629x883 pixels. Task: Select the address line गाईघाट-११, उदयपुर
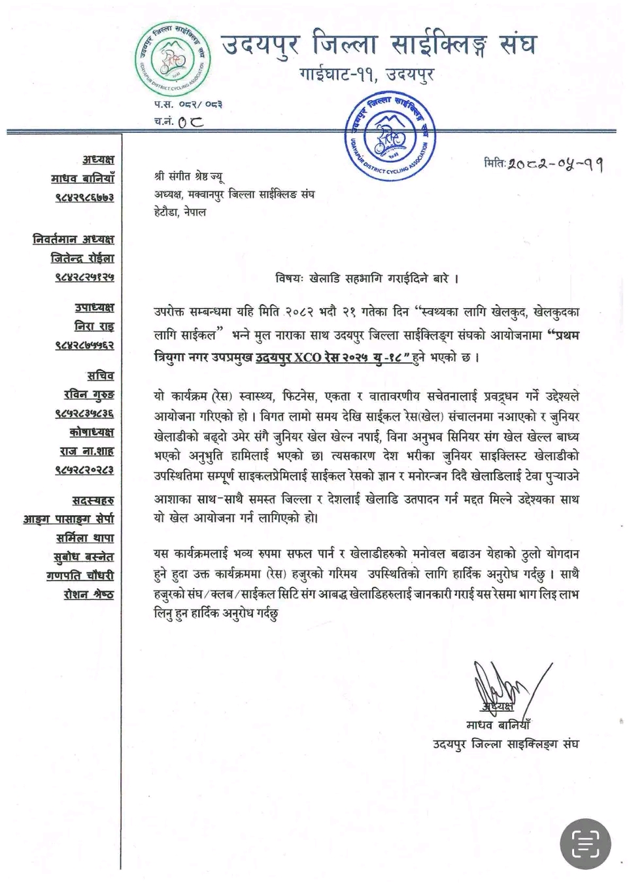(x=366, y=75)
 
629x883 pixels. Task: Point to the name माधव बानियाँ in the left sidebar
(x=82, y=179)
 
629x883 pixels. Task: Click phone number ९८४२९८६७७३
(x=84, y=197)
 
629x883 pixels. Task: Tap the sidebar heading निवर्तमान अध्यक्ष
(x=73, y=239)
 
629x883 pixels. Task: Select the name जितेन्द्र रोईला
(x=82, y=258)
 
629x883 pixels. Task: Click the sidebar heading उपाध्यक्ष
(x=94, y=307)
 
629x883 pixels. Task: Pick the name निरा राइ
(x=94, y=326)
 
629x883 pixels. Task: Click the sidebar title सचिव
(x=101, y=376)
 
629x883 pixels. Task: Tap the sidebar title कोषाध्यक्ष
(x=92, y=432)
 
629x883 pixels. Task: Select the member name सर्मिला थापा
(x=85, y=538)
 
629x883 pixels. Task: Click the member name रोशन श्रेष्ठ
(x=89, y=595)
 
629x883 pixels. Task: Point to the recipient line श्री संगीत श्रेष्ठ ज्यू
(x=188, y=177)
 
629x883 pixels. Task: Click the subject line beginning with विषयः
(x=367, y=279)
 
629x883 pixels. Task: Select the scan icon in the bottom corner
(x=585, y=844)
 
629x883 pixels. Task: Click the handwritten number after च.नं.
(x=190, y=122)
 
